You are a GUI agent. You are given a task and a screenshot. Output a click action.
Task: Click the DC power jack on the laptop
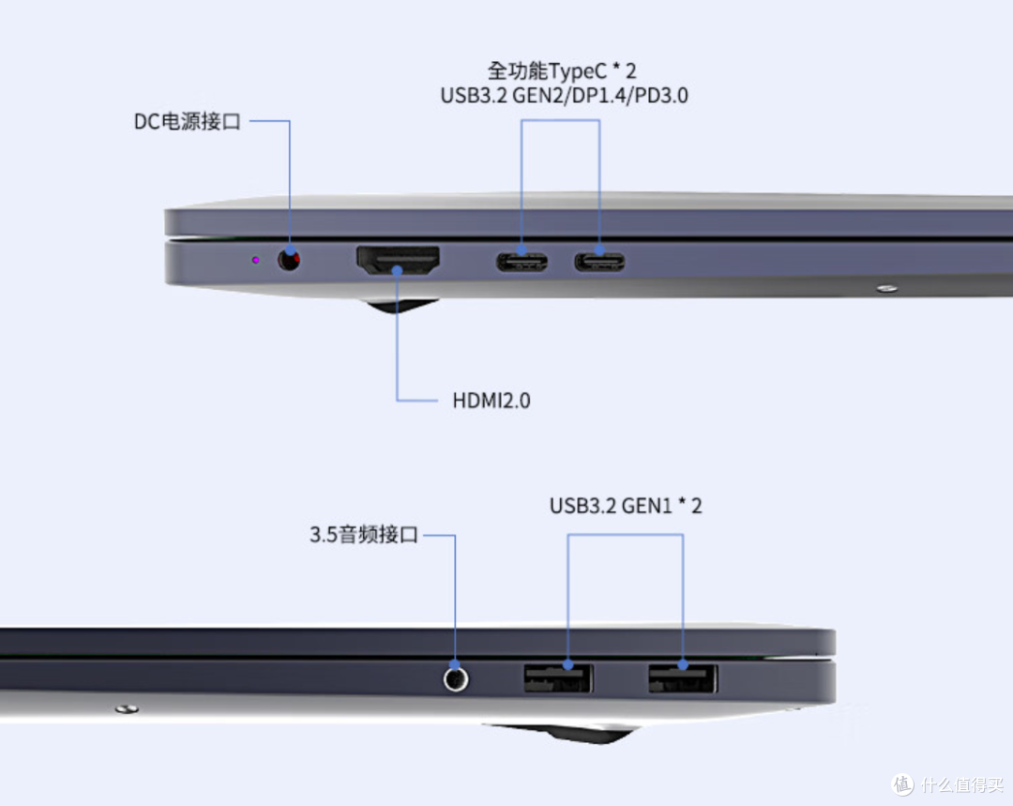[x=289, y=260]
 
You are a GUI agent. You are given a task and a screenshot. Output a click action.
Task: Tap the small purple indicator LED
[x=256, y=260]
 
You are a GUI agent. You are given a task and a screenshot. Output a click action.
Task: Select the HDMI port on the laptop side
[x=398, y=260]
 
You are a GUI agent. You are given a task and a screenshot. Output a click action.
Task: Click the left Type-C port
[x=522, y=262]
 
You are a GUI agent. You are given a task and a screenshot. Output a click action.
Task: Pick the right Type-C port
[x=599, y=262]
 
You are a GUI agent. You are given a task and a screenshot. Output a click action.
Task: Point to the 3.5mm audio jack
[x=456, y=679]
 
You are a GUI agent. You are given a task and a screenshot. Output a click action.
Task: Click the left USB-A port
[x=557, y=678]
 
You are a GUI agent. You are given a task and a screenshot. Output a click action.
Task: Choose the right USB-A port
[x=683, y=678]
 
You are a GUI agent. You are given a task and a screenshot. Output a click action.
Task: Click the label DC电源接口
[x=188, y=122]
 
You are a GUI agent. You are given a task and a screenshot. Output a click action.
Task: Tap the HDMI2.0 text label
[x=491, y=401]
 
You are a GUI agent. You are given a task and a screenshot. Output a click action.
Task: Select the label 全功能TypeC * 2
[x=562, y=70]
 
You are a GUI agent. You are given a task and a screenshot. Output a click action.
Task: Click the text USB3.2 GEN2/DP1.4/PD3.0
[x=564, y=96]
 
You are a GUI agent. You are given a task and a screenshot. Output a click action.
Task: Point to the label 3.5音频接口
[x=364, y=535]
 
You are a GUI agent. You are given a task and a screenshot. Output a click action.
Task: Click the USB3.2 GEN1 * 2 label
[x=626, y=506]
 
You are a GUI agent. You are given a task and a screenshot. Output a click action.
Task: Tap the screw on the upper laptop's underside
[x=887, y=288]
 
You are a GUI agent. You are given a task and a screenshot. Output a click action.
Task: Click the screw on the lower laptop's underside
[x=127, y=709]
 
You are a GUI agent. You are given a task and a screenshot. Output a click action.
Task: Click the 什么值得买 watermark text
[x=962, y=784]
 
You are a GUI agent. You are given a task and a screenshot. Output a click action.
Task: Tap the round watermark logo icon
[x=902, y=784]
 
